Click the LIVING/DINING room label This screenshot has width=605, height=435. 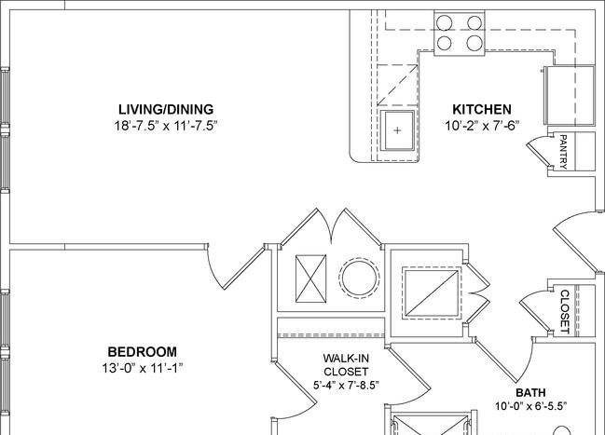coord(166,110)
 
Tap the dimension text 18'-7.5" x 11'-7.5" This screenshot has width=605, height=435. coord(166,126)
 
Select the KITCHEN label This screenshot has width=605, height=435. coord(482,110)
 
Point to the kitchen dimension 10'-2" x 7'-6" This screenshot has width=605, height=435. coord(482,126)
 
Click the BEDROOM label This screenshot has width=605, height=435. coord(143,352)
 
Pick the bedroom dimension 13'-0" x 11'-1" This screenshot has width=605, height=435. coord(143,368)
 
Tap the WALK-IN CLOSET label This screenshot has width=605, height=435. coord(346,365)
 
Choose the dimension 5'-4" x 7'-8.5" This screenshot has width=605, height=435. coord(346,385)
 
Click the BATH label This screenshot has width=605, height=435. coord(531,392)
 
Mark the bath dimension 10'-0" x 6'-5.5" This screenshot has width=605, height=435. coord(531,406)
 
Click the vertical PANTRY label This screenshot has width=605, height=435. coord(563,152)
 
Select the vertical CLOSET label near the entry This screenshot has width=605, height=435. coord(565,312)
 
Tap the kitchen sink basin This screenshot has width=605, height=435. coord(397,130)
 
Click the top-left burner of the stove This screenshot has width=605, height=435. coord(444,22)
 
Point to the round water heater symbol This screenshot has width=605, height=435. coord(359,279)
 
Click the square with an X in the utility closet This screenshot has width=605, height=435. coord(310,279)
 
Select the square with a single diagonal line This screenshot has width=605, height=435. coord(432,293)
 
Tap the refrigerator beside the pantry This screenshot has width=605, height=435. coord(570,95)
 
